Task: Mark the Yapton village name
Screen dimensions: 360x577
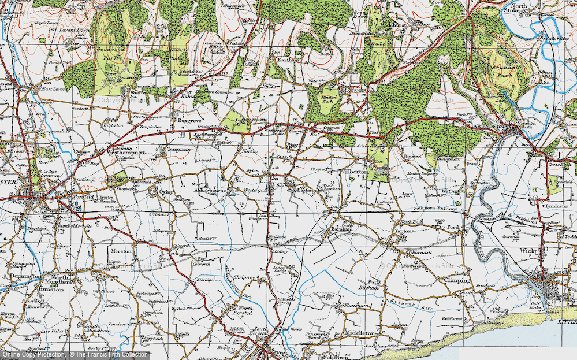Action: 403,231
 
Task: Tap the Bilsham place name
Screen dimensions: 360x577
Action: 367,287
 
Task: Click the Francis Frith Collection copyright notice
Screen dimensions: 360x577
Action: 75,354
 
